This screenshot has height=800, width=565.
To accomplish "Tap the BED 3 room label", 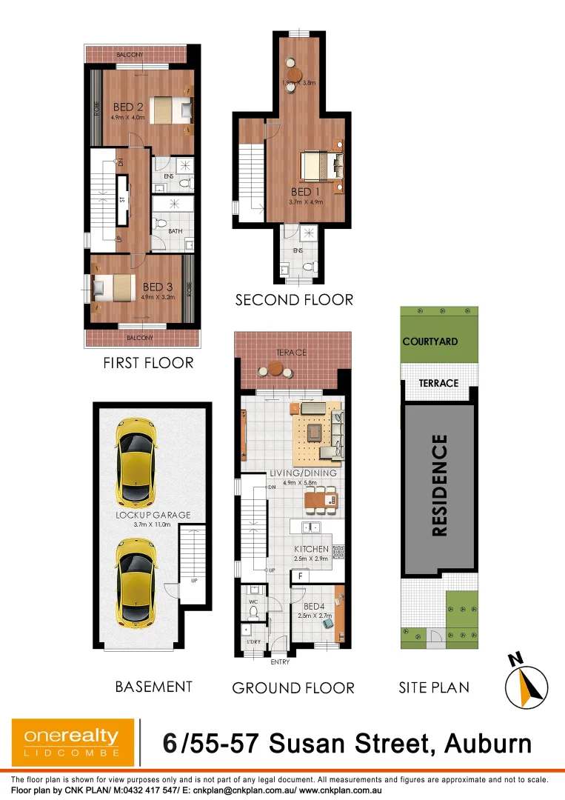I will coord(157,287).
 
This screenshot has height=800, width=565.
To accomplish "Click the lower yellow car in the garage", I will coord(135,580).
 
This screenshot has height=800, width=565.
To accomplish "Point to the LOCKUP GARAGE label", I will coord(153,515).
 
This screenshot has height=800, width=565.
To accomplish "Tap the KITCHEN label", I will coord(310,549).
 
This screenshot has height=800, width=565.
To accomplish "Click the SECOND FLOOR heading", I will coord(294,300).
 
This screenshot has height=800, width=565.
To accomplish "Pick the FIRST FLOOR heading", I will coord(149,363).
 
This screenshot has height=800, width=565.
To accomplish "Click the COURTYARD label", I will coord(430,341).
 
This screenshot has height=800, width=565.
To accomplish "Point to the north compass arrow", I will coord(526,684).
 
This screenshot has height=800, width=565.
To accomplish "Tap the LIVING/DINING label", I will coord(304,473).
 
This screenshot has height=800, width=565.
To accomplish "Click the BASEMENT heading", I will coord(153,687).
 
